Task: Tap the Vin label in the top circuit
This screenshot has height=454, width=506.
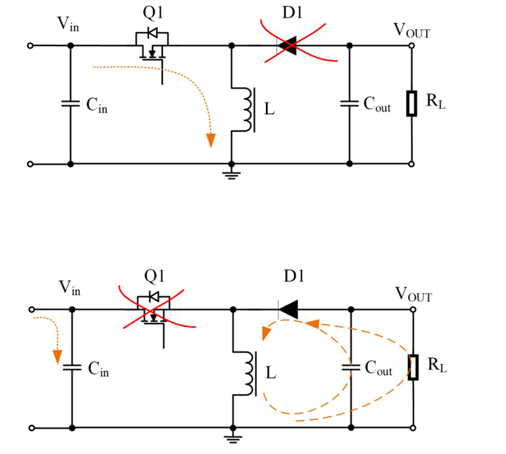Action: click(x=67, y=25)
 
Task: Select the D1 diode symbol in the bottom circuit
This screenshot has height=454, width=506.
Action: click(x=288, y=309)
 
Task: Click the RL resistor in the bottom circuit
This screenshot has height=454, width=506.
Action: click(x=411, y=367)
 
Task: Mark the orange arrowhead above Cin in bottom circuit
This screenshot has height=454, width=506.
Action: click(x=57, y=356)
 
